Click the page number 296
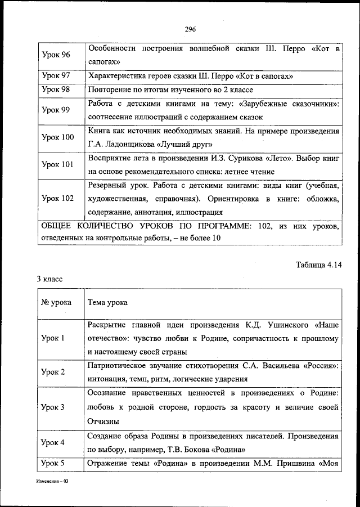[189, 30]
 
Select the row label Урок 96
[56, 56]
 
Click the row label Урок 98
[56, 90]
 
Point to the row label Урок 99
[56, 110]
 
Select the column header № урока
[57, 302]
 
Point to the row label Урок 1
[54, 338]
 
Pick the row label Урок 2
[54, 372]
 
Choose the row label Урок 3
[54, 406]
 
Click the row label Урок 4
[54, 442]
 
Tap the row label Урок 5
[54, 464]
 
